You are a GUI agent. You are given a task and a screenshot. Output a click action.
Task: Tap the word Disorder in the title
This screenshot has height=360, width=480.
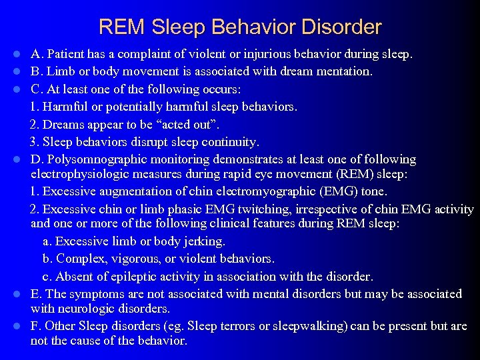pyautogui.click(x=343, y=27)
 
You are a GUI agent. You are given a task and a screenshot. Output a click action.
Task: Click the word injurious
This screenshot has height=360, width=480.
pyautogui.click(x=259, y=54)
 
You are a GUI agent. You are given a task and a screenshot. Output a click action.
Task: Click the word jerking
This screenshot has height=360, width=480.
pyautogui.click(x=204, y=241)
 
